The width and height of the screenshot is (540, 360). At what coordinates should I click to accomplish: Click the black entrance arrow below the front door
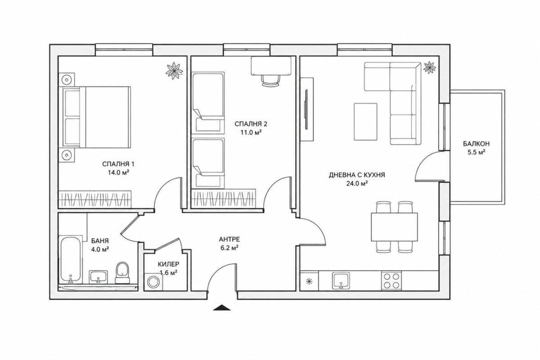(x=222, y=307)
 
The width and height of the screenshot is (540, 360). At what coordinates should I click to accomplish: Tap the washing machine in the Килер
(x=153, y=282)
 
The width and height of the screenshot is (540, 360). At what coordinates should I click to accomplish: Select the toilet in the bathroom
(x=122, y=273)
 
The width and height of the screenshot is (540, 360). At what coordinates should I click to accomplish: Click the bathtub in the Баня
(x=71, y=260)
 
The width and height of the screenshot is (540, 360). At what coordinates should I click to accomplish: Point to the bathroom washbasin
(x=99, y=277)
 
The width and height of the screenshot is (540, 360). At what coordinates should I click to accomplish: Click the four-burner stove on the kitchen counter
(x=391, y=281)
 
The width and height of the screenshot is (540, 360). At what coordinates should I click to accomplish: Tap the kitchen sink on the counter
(x=341, y=280)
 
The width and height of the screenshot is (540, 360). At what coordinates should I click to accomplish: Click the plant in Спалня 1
(x=174, y=71)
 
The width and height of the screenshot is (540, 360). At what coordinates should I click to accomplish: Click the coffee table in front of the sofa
(x=365, y=121)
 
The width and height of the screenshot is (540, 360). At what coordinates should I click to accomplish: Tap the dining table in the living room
(x=394, y=227)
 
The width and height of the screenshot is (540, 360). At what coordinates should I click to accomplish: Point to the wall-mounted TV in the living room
(x=306, y=110)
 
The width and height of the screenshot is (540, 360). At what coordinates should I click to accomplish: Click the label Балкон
(x=476, y=144)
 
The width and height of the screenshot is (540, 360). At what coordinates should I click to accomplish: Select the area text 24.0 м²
(x=357, y=184)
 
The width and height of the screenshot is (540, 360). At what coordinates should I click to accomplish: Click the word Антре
(x=229, y=239)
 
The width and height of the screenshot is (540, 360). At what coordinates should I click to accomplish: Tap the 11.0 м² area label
(x=251, y=133)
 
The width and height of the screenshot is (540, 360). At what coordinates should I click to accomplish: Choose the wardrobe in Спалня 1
(x=95, y=199)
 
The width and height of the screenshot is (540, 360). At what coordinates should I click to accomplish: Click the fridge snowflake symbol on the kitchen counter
(x=309, y=281)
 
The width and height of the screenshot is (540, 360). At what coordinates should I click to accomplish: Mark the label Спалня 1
(x=118, y=164)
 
